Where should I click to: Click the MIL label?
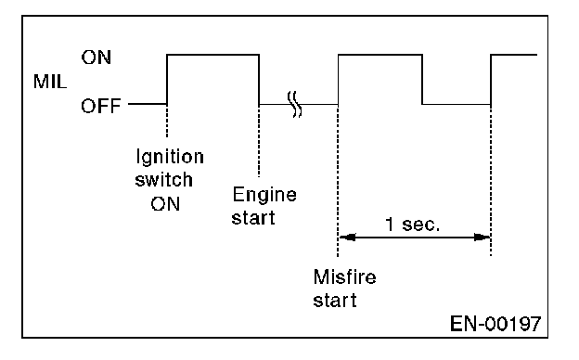point(50,82)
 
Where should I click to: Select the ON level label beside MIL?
point(96,58)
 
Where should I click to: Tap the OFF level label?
point(101,106)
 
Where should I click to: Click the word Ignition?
point(170,158)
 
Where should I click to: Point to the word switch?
point(163,180)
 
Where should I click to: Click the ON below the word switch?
point(165,204)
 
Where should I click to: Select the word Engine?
point(264,195)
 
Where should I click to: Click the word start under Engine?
point(253,218)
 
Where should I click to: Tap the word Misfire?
point(344,276)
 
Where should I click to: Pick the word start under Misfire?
point(335,301)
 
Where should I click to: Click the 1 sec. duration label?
point(413,225)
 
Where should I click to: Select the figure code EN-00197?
point(495,324)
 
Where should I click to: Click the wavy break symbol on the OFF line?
point(295,105)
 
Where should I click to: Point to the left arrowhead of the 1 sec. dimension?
point(347,237)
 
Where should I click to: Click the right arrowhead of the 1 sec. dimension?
point(482,237)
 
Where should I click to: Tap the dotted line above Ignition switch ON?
point(167,121)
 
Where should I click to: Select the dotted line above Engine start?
point(259,141)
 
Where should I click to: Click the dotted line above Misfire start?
point(338,180)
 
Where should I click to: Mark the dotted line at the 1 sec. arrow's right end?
point(491,180)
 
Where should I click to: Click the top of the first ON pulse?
point(212,55)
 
